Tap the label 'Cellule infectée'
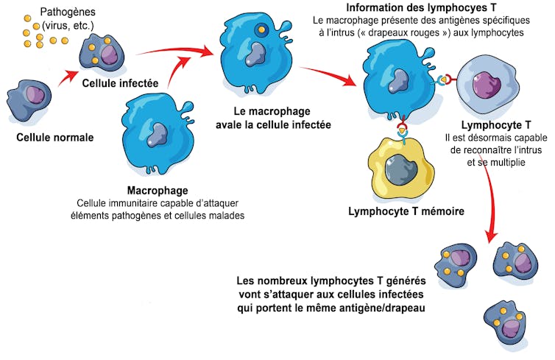120,83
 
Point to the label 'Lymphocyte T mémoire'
406,212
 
